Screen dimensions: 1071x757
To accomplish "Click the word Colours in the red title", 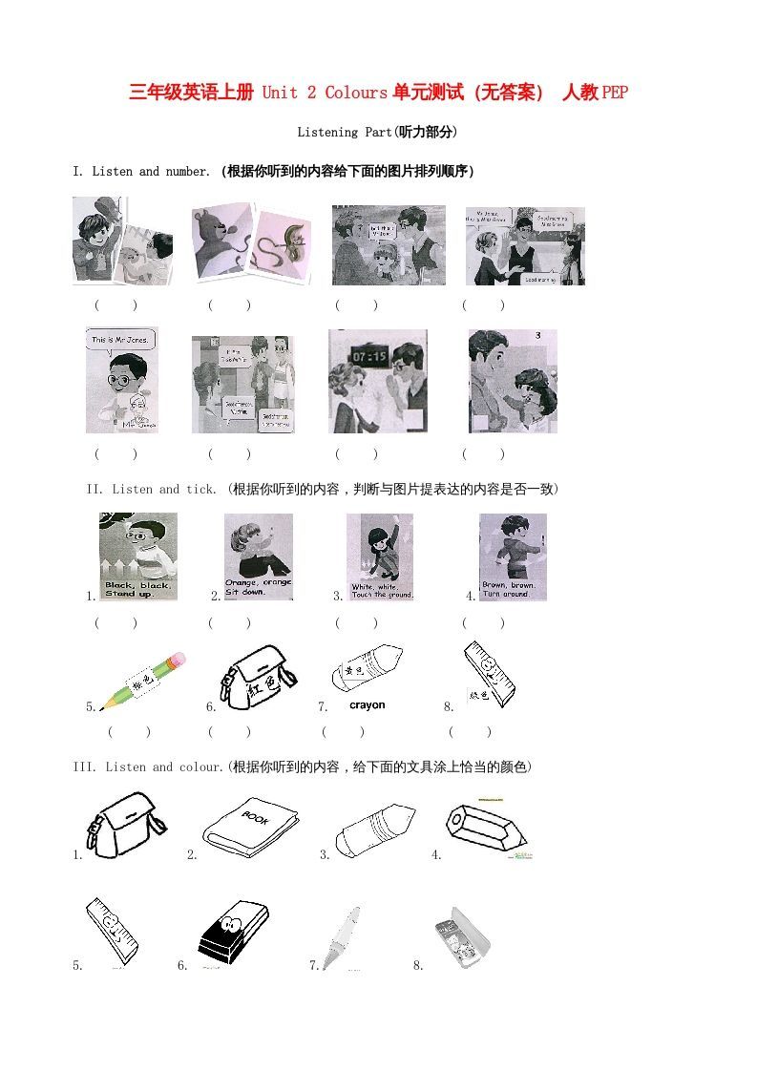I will [355, 93].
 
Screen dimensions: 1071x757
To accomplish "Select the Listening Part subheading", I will [377, 132].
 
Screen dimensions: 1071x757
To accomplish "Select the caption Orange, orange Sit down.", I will [258, 586].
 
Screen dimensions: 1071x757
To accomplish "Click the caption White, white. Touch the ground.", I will [380, 590].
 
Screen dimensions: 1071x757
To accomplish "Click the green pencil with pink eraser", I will [142, 681].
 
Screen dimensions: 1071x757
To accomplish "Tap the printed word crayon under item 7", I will [368, 705].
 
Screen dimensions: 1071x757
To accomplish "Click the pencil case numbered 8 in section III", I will [461, 936].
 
